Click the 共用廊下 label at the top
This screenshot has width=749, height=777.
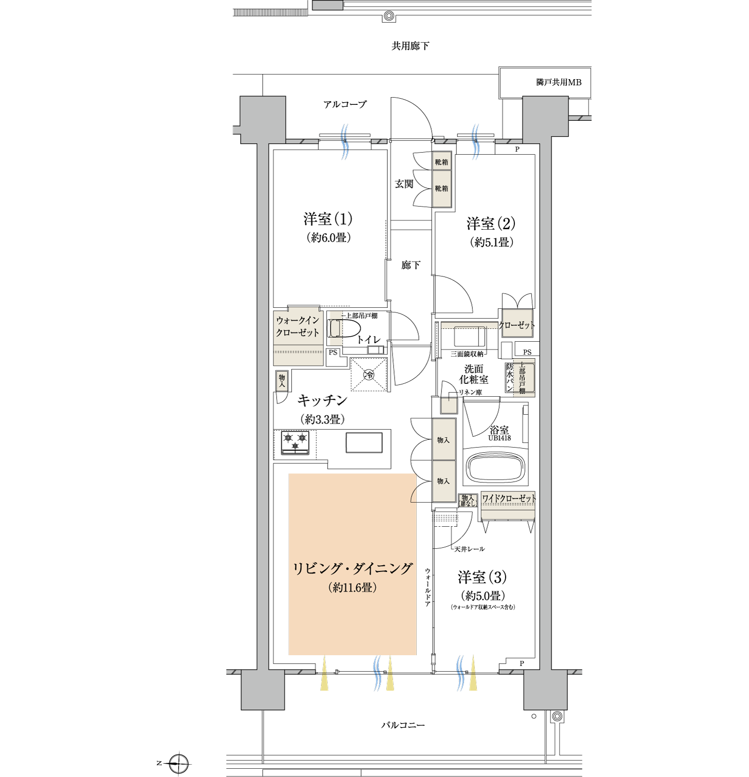(410, 46)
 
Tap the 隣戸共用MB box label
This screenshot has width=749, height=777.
(559, 82)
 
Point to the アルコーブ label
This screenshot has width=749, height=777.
(345, 104)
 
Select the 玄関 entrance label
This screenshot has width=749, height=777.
(404, 183)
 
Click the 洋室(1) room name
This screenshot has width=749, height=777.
(328, 219)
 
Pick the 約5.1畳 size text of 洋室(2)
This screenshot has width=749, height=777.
(491, 242)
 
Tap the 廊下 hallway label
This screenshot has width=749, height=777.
(411, 265)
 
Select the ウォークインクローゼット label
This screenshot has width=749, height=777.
(297, 326)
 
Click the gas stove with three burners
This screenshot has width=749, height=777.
(295, 442)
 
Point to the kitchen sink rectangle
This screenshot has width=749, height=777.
(364, 442)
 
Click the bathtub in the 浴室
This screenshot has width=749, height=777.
(496, 467)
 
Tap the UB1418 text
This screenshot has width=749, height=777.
(500, 438)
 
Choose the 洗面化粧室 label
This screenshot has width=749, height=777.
(474, 374)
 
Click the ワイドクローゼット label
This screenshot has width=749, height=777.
(509, 498)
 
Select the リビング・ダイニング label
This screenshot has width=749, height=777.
(352, 568)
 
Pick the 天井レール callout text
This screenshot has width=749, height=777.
(469, 549)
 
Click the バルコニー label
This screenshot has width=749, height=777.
(403, 725)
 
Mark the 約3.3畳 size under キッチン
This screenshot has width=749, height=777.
(323, 419)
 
